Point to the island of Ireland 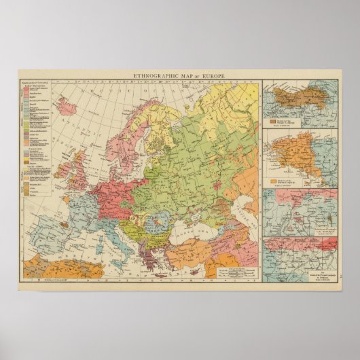[x=61, y=165]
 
